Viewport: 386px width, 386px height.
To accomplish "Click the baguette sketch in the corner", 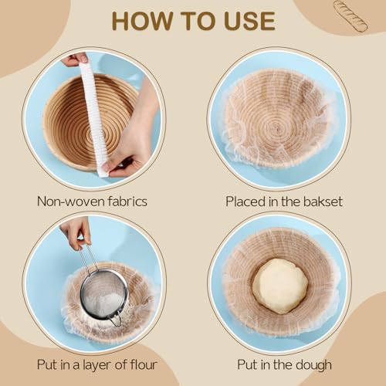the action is (x=350, y=16).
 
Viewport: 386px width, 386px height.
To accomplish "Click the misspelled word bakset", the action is (x=323, y=201).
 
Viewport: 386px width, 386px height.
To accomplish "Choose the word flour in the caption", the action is (x=144, y=364).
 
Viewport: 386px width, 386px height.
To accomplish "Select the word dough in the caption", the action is (x=313, y=365).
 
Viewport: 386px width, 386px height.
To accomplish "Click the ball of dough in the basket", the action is (x=280, y=286).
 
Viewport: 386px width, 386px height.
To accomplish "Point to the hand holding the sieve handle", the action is (x=76, y=232).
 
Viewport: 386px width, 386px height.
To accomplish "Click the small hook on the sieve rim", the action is (x=117, y=320).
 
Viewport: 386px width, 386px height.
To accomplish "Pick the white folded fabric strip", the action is (x=94, y=118).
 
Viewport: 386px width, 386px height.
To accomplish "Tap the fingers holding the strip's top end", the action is (x=74, y=59).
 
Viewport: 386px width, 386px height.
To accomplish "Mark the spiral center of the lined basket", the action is (x=277, y=127).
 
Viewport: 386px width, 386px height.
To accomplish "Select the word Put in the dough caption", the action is (x=248, y=364).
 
